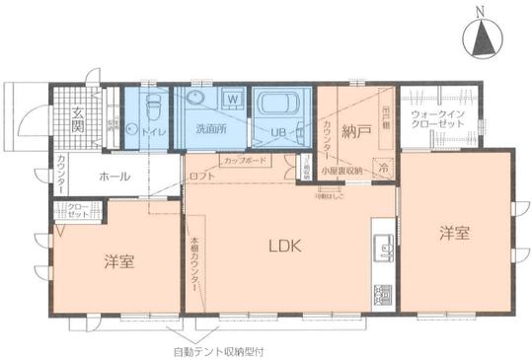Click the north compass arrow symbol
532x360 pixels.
click(x=483, y=38)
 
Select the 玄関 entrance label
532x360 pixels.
click(x=78, y=123)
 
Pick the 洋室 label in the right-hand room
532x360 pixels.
click(x=454, y=234)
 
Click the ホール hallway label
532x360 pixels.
click(x=111, y=178)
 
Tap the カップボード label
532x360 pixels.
click(x=243, y=160)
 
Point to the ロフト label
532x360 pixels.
click(x=199, y=177)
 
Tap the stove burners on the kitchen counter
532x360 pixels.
click(x=380, y=295)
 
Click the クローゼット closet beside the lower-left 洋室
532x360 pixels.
click(x=77, y=209)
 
